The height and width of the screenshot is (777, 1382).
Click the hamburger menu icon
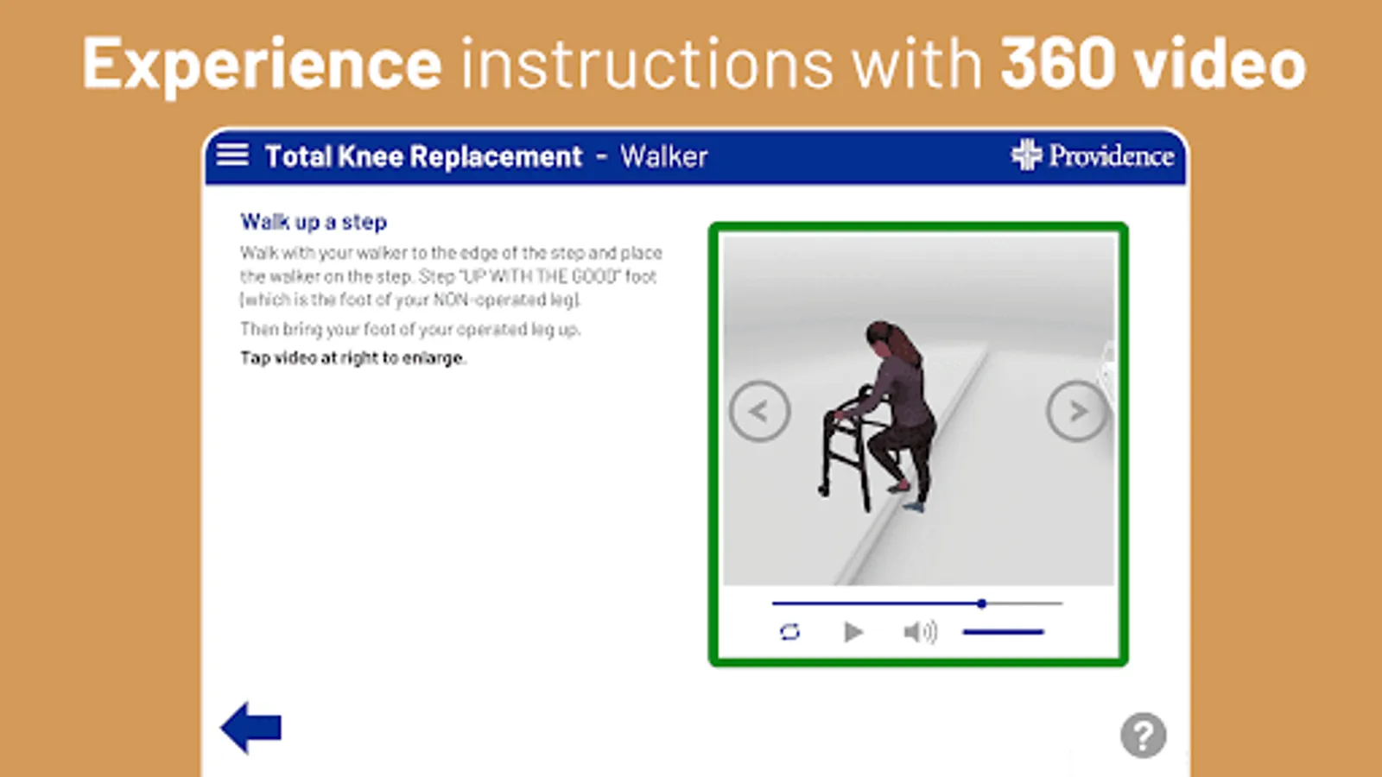pos(232,155)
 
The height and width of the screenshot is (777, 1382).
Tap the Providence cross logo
pos(1027,155)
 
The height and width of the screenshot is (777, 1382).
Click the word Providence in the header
pos(1111,156)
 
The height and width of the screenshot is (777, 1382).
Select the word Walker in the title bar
pos(663,156)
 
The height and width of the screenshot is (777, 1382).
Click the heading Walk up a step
pos(314,222)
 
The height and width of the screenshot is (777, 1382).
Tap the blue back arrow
pos(251,728)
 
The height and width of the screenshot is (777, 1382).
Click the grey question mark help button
pos(1143,735)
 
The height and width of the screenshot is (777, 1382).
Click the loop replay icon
pos(789,632)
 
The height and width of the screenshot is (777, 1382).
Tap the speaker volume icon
pos(920,632)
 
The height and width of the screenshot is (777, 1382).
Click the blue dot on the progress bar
pos(981,603)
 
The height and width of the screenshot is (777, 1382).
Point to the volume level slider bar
pos(1003,632)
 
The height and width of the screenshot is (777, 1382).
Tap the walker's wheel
pos(823,490)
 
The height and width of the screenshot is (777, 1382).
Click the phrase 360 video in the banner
pos(1152,64)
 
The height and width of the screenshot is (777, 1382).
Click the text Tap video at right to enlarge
pos(353,358)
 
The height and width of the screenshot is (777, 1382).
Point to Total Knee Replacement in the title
pos(423,156)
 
